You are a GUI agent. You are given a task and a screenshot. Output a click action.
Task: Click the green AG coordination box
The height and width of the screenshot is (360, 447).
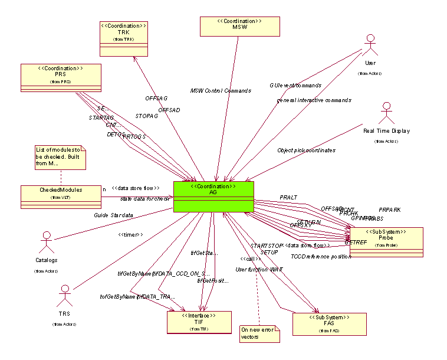[213, 197]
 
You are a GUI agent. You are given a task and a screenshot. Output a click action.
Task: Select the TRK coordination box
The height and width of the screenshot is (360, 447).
[123, 39]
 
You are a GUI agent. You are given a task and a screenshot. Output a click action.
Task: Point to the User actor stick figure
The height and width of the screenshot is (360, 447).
[370, 46]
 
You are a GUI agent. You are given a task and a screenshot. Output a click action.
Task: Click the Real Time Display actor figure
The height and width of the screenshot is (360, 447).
[386, 114]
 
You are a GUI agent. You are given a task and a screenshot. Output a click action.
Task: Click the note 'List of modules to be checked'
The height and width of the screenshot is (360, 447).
[60, 158]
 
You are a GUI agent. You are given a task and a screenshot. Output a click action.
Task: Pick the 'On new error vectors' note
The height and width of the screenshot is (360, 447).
[258, 333]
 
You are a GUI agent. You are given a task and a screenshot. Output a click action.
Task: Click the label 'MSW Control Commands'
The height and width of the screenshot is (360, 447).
[221, 91]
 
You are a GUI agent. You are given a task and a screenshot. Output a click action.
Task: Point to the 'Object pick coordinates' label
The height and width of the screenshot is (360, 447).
[306, 150]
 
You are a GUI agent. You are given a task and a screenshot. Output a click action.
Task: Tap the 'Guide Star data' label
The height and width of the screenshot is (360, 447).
[113, 215]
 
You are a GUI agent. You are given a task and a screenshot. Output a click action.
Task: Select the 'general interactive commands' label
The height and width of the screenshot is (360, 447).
[314, 100]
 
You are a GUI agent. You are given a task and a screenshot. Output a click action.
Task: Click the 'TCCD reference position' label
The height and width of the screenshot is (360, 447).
[321, 257]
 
